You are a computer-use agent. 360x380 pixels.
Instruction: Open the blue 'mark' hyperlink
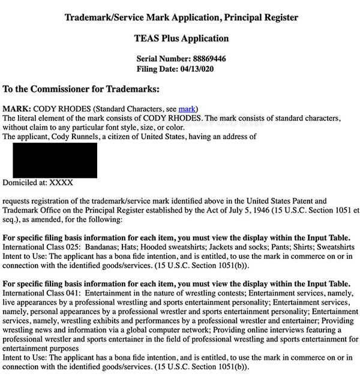click(x=187, y=108)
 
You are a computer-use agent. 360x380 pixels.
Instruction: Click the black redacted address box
click(x=55, y=160)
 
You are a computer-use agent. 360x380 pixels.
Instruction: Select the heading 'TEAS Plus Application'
click(x=181, y=38)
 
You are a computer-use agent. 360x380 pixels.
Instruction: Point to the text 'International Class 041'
click(x=41, y=294)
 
